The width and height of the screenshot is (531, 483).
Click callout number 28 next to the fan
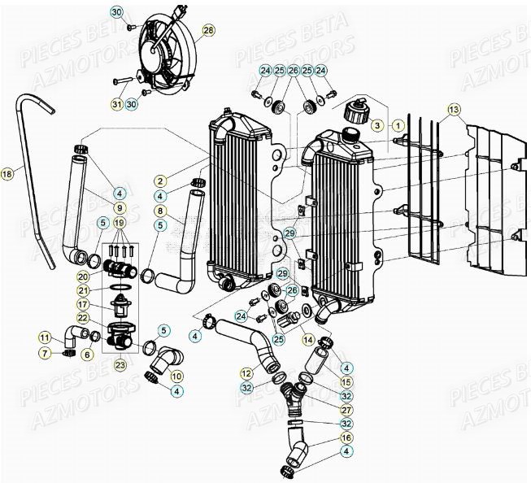point(209,30)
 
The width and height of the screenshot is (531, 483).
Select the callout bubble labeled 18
point(7,173)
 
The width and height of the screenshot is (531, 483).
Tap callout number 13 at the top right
point(453,110)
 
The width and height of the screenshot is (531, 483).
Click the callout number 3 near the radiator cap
point(376,126)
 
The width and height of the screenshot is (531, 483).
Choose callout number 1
point(398,126)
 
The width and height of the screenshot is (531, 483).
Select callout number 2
point(161,181)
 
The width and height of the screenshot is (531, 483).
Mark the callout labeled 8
point(161,210)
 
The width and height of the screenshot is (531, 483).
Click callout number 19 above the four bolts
point(120,223)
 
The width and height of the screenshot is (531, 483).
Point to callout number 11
point(44,337)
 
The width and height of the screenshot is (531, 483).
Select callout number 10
point(177,376)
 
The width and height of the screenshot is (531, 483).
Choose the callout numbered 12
point(246,372)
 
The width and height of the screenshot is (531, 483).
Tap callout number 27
point(346,410)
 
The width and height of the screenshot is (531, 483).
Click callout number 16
point(346,437)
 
